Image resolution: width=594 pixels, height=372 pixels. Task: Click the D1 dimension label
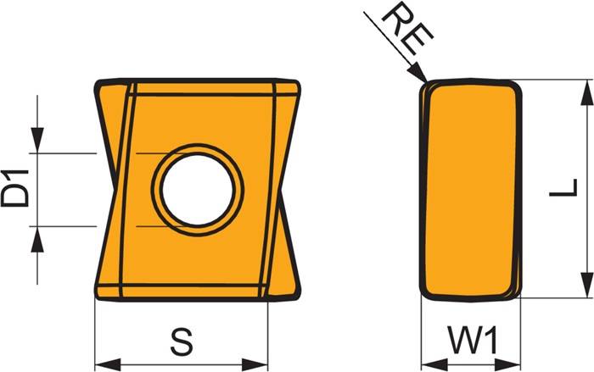(15, 188)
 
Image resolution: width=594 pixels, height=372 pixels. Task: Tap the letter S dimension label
(182, 341)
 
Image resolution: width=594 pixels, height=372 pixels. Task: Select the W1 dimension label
(473, 340)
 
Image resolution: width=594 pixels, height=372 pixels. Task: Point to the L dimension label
(563, 188)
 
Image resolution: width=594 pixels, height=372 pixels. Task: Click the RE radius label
(406, 31)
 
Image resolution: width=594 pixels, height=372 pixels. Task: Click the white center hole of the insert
(197, 189)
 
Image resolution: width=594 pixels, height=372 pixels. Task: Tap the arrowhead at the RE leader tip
(417, 72)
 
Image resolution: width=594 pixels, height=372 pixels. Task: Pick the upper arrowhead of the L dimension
(587, 92)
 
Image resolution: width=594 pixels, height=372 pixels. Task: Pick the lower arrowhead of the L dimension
(587, 286)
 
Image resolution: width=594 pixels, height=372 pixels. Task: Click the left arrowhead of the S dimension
(108, 365)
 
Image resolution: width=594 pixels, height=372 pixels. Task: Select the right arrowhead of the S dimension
(255, 365)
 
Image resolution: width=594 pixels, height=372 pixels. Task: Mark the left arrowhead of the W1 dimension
(434, 365)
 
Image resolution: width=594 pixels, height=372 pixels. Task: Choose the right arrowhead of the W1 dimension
(507, 365)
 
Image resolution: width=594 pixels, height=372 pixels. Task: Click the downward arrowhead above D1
(37, 141)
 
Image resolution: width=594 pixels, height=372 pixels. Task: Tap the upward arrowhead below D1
(37, 239)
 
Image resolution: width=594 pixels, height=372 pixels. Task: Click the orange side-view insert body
(471, 191)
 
